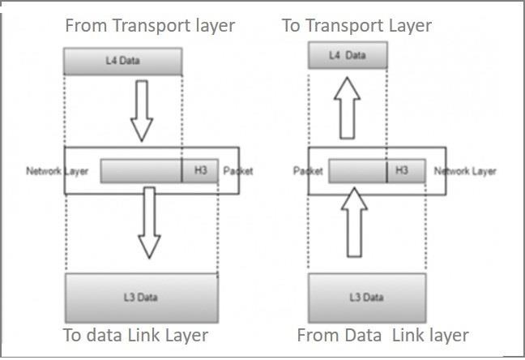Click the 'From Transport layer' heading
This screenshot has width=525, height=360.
pyautogui.click(x=150, y=26)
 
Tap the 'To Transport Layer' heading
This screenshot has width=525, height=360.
pyautogui.click(x=356, y=26)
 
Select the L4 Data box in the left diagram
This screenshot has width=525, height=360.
pyautogui.click(x=122, y=62)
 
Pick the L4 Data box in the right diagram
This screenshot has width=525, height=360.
pyautogui.click(x=348, y=55)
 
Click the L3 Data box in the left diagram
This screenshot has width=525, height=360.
pyautogui.click(x=141, y=298)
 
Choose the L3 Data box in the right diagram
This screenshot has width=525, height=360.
pyautogui.click(x=367, y=298)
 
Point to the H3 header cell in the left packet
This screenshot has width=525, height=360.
pyautogui.click(x=200, y=171)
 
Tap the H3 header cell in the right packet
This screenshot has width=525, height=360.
pyautogui.click(x=400, y=171)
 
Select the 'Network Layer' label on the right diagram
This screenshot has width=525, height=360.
pyautogui.click(x=465, y=171)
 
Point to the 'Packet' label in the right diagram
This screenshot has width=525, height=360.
pyautogui.click(x=308, y=171)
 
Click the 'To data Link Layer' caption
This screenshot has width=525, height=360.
pyautogui.click(x=136, y=335)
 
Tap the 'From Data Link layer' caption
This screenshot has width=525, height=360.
pyautogui.click(x=383, y=335)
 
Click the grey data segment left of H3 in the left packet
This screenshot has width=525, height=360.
pyautogui.click(x=141, y=171)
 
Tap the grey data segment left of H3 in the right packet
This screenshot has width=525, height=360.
pyautogui.click(x=357, y=171)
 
